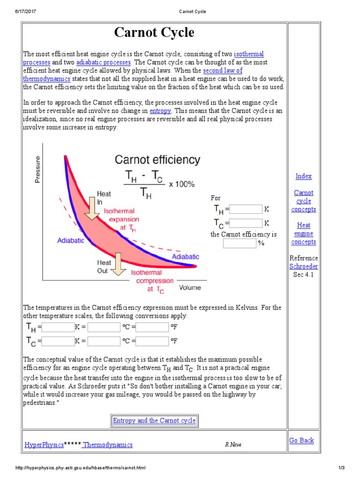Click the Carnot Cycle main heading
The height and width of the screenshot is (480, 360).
coord(154,33)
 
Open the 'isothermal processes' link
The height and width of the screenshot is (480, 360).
coord(248,55)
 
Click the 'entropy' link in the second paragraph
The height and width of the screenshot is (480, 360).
coord(160,111)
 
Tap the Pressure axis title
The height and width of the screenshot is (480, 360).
coord(37,170)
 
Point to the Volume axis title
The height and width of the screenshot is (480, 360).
coord(190,288)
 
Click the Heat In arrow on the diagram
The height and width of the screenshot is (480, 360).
coord(92,209)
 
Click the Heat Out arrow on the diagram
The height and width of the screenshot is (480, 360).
coord(117,264)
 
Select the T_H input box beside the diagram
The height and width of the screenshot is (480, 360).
coord(246,209)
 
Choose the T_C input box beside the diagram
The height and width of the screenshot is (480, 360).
coord(246,223)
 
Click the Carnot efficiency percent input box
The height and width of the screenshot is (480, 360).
coord(240,243)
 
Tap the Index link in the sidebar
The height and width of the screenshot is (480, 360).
coord(303,176)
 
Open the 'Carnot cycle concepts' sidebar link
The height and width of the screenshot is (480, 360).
coord(303,201)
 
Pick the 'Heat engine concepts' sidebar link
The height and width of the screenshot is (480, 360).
coord(303,233)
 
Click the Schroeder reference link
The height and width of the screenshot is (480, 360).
coord(303,266)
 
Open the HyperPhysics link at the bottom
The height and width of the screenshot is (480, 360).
coord(44,445)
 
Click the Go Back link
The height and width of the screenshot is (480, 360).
coord(301,440)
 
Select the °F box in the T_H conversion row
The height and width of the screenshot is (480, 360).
coord(152,327)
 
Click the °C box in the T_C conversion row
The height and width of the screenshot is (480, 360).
coord(104,341)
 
